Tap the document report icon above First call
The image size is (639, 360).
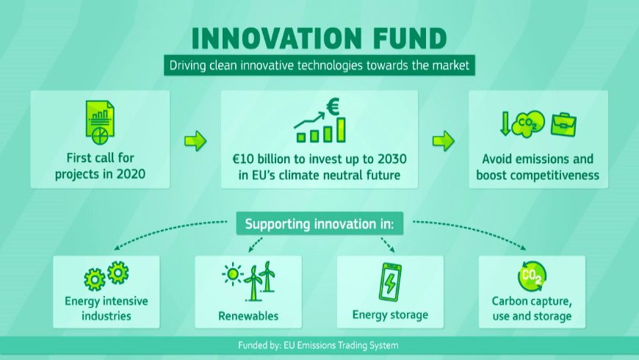tap(100, 122)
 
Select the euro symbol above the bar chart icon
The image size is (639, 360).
tap(333, 107)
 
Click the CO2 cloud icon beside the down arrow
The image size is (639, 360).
tap(528, 123)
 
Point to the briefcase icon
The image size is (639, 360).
tap(563, 124)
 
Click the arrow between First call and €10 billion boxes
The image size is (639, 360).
tap(195, 141)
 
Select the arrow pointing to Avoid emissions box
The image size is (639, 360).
tap(444, 141)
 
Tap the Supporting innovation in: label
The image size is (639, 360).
tap(319, 224)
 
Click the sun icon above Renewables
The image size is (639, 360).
tap(233, 274)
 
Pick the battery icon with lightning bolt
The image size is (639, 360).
tap(390, 281)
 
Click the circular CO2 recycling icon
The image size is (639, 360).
tap(532, 276)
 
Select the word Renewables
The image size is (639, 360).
tap(248, 316)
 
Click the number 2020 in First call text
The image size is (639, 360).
tap(131, 174)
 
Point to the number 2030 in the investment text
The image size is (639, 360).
tap(392, 159)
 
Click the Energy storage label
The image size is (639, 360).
tap(391, 315)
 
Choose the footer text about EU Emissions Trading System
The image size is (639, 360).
tap(318, 346)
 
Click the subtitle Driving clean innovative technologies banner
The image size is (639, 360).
tap(319, 65)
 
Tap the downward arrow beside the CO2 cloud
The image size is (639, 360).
tap(505, 123)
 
